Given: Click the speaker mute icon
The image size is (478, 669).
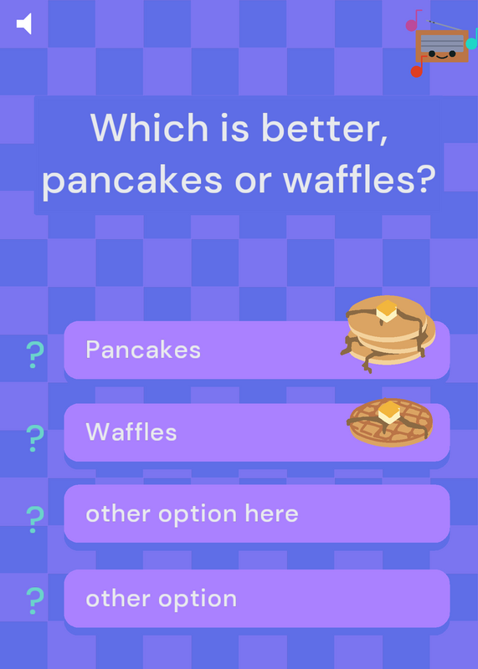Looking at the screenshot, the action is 24,23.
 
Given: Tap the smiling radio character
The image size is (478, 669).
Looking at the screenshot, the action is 442,45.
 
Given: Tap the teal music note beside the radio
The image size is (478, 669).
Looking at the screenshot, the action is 471,39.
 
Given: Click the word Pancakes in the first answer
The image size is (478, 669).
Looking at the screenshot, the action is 143,350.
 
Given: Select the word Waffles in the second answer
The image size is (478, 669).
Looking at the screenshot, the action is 131,432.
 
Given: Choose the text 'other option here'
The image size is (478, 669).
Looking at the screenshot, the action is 192,513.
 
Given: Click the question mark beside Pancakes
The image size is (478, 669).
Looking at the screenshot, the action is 35,355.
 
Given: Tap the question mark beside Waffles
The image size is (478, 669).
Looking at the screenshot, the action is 35,437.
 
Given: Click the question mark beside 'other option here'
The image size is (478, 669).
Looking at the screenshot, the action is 35,519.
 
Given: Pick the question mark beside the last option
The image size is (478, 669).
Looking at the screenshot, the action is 35,600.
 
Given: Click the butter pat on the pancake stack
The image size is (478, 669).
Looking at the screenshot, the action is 387,310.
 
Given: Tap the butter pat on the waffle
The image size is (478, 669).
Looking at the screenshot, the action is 389,411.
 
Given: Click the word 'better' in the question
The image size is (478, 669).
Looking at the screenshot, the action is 325,128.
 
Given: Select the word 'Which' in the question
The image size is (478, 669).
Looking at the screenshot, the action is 149,127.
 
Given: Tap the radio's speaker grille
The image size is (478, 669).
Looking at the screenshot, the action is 442,43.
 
